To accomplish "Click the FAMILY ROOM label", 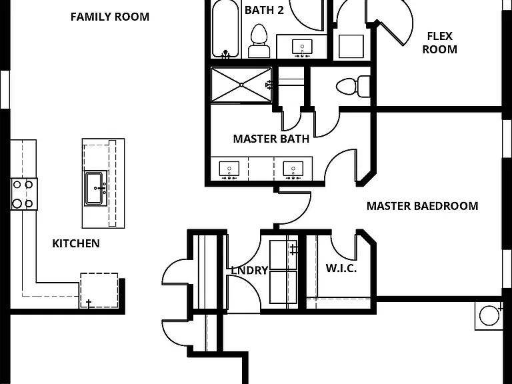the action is [x=110, y=17].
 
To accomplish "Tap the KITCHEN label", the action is [x=76, y=243].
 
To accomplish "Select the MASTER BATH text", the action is [x=271, y=139].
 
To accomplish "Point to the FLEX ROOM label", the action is [x=439, y=43].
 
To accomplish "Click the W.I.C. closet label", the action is [x=341, y=269].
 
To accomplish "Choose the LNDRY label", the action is [x=249, y=271].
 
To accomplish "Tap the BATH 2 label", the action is [x=264, y=10].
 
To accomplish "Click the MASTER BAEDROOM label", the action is [x=422, y=206].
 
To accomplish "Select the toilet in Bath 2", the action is [x=259, y=41].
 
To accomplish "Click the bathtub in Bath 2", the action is [x=225, y=29].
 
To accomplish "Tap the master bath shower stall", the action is [x=241, y=85].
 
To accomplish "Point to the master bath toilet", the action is [x=353, y=87].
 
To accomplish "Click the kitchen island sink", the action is [x=96, y=189].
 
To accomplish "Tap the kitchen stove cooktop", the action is [x=23, y=194].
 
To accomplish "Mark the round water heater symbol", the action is [x=489, y=315].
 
